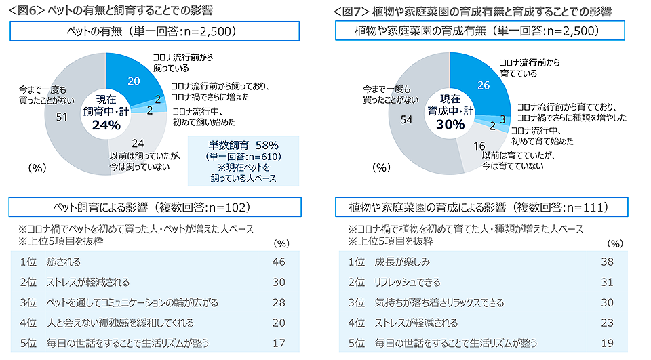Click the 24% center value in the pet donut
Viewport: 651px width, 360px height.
[x=106, y=125]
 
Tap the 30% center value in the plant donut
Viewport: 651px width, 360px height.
[x=450, y=124]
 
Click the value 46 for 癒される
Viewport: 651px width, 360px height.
[x=278, y=262]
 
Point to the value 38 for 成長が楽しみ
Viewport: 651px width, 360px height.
[x=608, y=262]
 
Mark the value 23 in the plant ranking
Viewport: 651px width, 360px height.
[x=608, y=323]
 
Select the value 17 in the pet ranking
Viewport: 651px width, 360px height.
[x=278, y=343]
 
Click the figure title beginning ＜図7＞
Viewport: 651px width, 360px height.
[x=472, y=11]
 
